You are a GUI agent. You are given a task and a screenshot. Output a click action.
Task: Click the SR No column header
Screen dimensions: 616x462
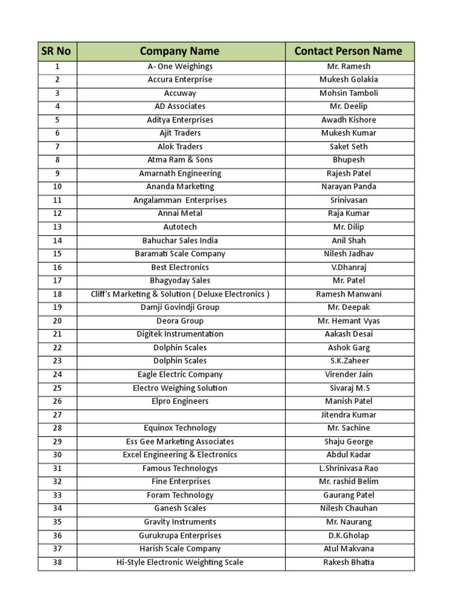point(57,51)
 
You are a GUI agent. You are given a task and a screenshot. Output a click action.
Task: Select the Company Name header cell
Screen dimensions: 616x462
point(180,51)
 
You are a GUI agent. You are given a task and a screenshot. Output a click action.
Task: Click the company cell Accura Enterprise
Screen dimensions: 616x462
point(180,79)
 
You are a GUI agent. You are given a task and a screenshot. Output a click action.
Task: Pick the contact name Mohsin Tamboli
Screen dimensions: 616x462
point(349,93)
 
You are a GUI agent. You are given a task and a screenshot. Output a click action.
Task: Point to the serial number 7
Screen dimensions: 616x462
point(57,147)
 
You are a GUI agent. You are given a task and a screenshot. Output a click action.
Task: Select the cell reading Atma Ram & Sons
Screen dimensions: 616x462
point(180,160)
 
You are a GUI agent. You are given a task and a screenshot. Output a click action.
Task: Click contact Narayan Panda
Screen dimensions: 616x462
point(349,187)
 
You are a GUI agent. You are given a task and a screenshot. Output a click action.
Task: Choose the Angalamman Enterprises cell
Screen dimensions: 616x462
point(180,200)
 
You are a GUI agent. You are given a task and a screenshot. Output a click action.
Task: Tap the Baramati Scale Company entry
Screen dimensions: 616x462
point(180,254)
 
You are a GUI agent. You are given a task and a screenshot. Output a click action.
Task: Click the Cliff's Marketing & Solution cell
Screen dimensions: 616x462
point(180,294)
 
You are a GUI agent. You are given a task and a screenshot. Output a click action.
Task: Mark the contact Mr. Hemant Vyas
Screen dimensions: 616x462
point(349,321)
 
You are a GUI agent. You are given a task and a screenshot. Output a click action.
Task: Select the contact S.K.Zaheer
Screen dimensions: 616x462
point(349,361)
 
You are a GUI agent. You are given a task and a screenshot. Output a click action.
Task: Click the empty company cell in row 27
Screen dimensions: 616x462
point(180,415)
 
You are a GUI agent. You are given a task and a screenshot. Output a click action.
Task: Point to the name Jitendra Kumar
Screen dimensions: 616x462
point(349,415)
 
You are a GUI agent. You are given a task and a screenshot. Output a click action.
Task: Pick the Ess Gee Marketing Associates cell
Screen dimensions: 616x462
point(180,442)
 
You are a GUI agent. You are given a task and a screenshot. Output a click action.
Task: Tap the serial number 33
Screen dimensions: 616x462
point(57,495)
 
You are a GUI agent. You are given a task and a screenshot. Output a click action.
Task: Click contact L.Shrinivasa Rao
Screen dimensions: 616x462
point(349,469)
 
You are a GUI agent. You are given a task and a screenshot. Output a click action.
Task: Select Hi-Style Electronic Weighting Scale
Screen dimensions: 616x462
point(180,562)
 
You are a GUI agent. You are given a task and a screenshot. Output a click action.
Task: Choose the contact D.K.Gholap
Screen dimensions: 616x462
point(349,535)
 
